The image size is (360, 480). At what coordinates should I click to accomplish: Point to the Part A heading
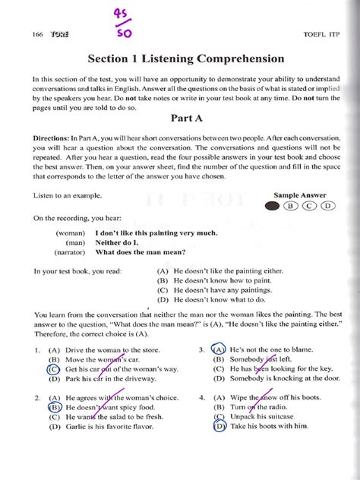(178, 118)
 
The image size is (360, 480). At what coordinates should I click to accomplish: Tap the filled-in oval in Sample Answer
(272, 205)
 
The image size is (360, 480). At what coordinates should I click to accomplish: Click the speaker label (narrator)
(69, 250)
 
